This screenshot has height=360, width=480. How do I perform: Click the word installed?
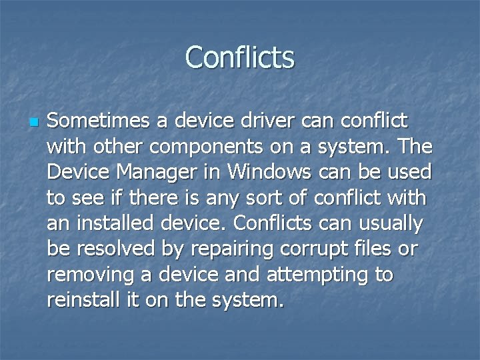tap(111, 223)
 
